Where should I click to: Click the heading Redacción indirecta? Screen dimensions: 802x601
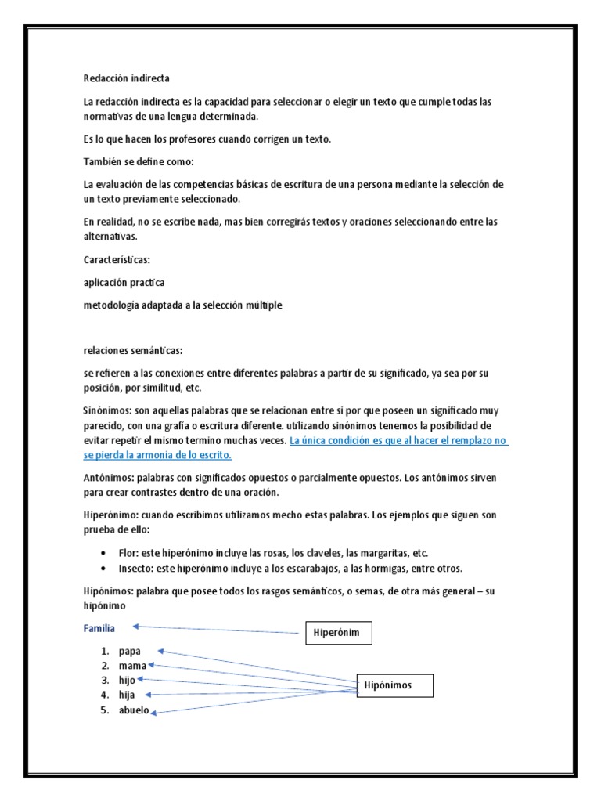click(x=126, y=78)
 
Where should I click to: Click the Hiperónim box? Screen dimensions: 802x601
click(x=338, y=633)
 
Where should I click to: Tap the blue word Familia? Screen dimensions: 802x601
click(x=99, y=628)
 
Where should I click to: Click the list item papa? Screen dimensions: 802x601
click(x=130, y=651)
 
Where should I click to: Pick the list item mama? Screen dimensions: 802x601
click(x=132, y=666)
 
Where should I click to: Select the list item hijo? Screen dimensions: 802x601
click(x=128, y=680)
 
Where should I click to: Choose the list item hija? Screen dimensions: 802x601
click(x=128, y=695)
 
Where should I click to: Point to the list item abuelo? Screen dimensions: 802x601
click(x=134, y=710)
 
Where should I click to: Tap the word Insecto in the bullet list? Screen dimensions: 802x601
click(x=136, y=568)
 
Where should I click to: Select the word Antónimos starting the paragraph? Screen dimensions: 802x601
click(x=106, y=477)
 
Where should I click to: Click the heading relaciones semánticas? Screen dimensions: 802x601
click(x=132, y=350)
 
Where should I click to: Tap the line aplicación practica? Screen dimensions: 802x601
click(x=124, y=282)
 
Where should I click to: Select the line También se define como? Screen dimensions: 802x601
click(x=138, y=162)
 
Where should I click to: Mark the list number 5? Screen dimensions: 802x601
click(x=103, y=710)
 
